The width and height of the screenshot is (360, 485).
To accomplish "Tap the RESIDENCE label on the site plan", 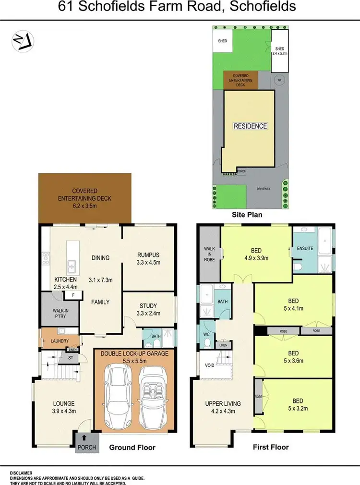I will click(250, 126).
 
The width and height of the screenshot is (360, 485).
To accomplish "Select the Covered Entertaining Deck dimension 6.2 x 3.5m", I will click(85, 206).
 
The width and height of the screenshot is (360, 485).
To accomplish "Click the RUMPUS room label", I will click(148, 255).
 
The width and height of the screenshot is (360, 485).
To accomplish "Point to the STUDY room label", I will click(148, 306).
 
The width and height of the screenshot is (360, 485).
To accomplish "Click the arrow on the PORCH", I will click(84, 437).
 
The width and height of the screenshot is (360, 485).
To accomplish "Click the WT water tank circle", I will click(278, 81).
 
